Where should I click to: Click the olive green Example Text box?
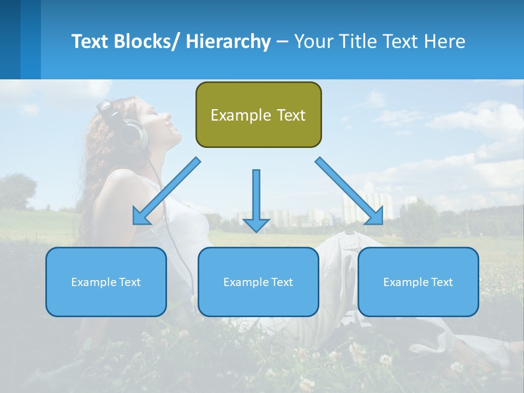click(258, 115)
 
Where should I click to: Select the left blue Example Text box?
click(106, 282)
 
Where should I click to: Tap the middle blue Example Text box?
click(258, 282)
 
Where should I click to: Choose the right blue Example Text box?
click(418, 282)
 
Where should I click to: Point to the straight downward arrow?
click(256, 199)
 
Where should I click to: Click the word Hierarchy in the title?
click(228, 41)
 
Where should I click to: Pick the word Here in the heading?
click(445, 41)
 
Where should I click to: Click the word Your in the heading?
click(313, 41)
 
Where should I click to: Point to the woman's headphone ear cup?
click(134, 136)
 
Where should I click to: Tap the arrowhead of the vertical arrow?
click(256, 224)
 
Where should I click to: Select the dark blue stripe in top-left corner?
click(10, 39)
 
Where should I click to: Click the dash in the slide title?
click(282, 42)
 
